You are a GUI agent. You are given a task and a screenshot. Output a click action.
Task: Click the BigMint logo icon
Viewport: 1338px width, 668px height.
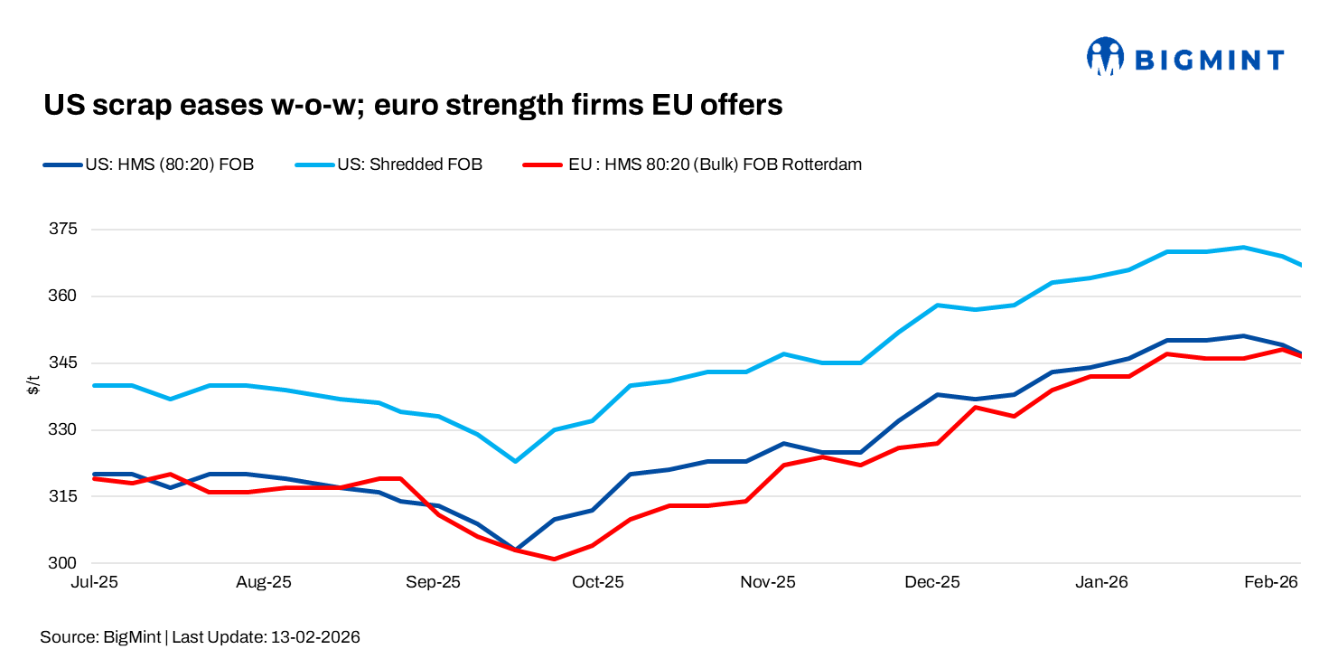[x=1104, y=57]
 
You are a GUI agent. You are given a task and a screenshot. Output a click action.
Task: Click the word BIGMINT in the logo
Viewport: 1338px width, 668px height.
[x=1209, y=61]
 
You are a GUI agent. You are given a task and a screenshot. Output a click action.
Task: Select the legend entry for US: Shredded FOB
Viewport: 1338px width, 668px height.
[x=409, y=165]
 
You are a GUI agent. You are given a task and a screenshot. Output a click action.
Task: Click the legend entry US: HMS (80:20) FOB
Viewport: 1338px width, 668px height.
[x=169, y=165]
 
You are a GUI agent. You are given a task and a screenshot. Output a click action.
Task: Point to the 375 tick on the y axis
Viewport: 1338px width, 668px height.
[x=62, y=230]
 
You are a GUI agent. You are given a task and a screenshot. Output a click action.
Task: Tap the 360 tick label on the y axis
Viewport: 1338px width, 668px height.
[x=62, y=296]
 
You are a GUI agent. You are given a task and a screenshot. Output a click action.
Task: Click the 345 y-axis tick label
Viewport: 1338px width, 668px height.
[x=62, y=363]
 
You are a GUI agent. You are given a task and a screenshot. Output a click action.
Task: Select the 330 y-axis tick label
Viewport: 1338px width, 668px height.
[x=62, y=430]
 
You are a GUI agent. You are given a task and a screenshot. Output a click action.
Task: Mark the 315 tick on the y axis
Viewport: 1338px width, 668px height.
[x=62, y=497]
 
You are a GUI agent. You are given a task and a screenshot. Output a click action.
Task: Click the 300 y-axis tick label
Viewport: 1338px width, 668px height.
[x=62, y=564]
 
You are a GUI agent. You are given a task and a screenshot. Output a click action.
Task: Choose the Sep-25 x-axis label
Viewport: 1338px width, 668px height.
[x=433, y=583]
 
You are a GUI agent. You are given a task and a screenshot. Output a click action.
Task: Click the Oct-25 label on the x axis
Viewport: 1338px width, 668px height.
[x=599, y=583]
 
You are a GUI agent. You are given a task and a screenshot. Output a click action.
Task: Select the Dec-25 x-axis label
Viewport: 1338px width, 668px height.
[x=932, y=583]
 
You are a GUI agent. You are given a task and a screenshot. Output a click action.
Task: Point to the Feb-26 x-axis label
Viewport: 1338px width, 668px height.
[x=1271, y=583]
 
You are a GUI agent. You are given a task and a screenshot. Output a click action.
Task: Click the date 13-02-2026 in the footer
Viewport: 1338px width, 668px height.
[x=314, y=638]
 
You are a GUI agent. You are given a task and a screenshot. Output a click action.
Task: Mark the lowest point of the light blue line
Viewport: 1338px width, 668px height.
[x=515, y=461]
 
